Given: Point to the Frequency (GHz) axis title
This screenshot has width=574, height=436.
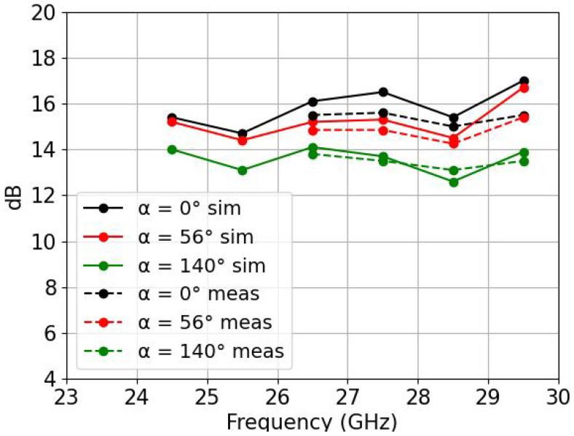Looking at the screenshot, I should click(x=312, y=423).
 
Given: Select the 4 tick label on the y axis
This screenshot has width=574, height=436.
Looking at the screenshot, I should click(x=51, y=380).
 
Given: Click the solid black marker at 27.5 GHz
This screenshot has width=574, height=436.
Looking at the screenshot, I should click(x=382, y=92).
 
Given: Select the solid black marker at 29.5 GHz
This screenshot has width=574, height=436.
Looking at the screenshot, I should click(x=523, y=81).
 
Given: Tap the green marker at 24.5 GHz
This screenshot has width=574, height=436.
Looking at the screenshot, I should click(x=172, y=149).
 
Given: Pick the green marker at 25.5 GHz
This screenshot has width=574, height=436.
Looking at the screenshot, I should click(x=242, y=170).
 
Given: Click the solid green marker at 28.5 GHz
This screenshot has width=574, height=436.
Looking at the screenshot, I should click(x=453, y=182).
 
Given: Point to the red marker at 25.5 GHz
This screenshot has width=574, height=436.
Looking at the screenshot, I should click(x=242, y=141).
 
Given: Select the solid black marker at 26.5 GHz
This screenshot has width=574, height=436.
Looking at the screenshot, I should click(x=312, y=101).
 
